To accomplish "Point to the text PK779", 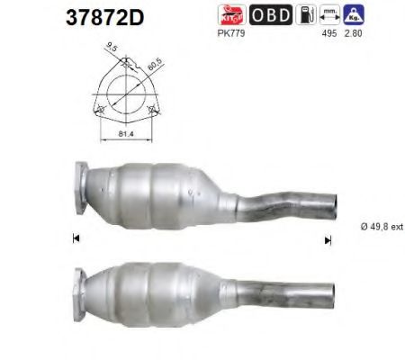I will coord(258,34).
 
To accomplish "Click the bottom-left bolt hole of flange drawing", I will coord(100,109).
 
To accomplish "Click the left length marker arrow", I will coord(76,238).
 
